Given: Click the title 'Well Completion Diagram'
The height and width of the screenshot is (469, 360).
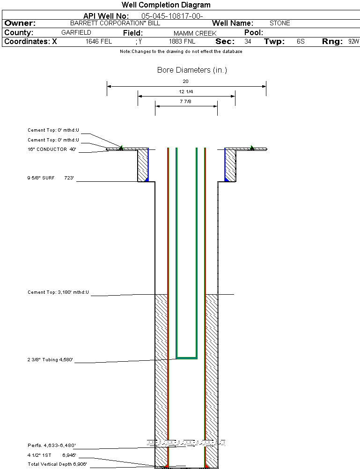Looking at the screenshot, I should point(166,5).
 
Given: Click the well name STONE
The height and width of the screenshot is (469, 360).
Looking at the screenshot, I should point(279,23).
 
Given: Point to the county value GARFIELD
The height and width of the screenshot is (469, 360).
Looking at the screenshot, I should point(76,33).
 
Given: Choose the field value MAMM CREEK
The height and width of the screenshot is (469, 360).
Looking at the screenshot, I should point(195,33).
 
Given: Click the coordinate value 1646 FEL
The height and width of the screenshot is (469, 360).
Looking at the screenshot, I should point(99,42).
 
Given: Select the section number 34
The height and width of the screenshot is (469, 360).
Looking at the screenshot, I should point(248,42).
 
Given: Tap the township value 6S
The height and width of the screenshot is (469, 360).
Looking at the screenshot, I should point(301,42).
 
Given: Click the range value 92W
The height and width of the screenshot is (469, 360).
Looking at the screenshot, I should point(353,42).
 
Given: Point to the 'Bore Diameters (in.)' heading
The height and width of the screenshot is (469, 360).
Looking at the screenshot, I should point(192,70).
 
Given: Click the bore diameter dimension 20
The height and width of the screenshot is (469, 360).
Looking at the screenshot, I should point(185,81).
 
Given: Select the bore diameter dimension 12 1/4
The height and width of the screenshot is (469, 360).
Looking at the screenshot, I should point(186,91).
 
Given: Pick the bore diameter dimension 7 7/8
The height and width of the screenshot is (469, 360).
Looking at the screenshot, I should point(186,101).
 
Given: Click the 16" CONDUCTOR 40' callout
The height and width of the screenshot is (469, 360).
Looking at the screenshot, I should point(51,149).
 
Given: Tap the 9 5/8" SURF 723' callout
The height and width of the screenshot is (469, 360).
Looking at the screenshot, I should point(51,178).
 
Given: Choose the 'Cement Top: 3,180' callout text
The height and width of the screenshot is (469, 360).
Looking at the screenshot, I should point(58,292).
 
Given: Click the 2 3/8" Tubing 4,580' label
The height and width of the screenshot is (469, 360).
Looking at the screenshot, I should point(51,360).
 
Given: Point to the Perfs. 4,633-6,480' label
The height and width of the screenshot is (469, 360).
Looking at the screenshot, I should point(51,445).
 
